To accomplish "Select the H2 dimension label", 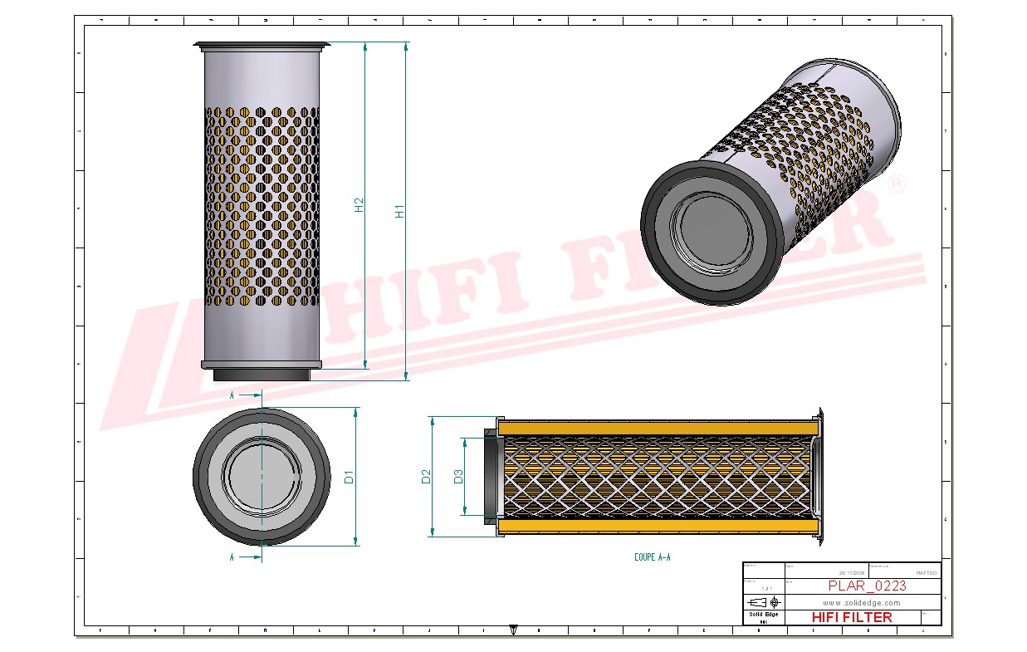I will (x=359, y=204).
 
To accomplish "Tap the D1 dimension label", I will (x=350, y=477).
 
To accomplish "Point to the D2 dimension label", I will (x=426, y=477).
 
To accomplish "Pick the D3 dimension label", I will (x=457, y=477).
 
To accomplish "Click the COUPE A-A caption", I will (x=652, y=557).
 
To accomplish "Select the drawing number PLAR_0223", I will (x=867, y=586).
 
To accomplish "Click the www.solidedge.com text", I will (x=862, y=602).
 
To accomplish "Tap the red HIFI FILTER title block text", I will (x=851, y=617).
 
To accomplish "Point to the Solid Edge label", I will (x=763, y=614).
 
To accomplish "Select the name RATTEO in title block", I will (x=926, y=572).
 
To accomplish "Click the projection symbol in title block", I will (x=763, y=601).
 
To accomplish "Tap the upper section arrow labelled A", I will (x=247, y=395).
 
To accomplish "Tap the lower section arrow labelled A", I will (x=247, y=557).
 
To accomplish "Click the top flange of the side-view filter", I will (x=262, y=45).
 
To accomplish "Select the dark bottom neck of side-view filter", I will (x=262, y=376).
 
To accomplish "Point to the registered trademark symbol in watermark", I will (x=897, y=184).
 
